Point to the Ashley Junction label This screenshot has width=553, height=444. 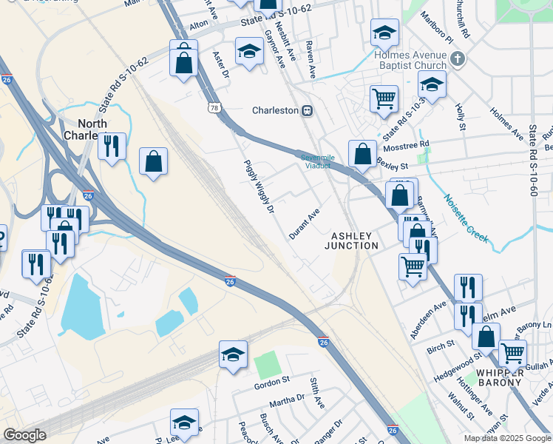tap(354, 240)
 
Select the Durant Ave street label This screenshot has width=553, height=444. tap(304, 223)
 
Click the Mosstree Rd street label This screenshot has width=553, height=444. tap(404, 147)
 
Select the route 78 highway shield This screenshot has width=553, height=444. tap(214, 108)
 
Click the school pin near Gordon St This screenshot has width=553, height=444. tap(233, 355)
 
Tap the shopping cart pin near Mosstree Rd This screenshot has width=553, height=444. tap(384, 98)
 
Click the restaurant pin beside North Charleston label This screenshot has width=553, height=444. tap(112, 146)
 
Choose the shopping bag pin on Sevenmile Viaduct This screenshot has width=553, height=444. tap(362, 154)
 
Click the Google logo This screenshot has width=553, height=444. tap(25, 435)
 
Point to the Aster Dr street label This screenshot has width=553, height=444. tap(222, 64)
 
